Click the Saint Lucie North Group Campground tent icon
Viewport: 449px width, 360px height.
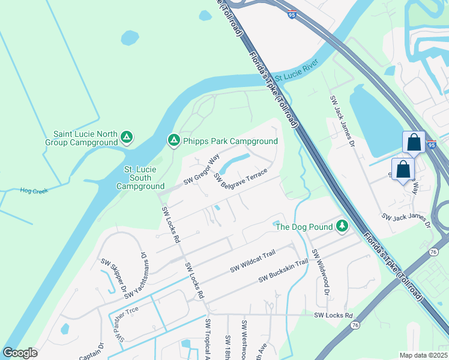point(126,138)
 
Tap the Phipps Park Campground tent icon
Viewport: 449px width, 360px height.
point(173,140)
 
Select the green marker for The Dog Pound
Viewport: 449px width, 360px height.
point(342,226)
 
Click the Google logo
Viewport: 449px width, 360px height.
point(20,353)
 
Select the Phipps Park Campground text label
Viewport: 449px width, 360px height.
point(231,141)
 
